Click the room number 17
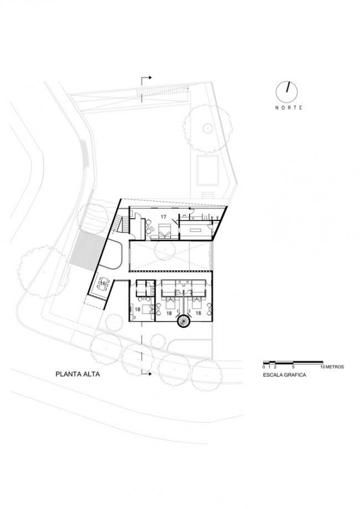(163, 216)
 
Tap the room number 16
(102, 283)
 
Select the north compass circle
(287, 91)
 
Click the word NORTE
(289, 108)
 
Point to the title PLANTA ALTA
(78, 374)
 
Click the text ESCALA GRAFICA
(284, 375)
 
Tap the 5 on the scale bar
(294, 367)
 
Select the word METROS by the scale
(334, 367)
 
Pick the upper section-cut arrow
(146, 78)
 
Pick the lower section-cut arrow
(146, 374)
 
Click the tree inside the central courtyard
(164, 250)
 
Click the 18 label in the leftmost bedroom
(138, 310)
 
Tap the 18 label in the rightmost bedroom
(198, 313)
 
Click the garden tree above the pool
(207, 128)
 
